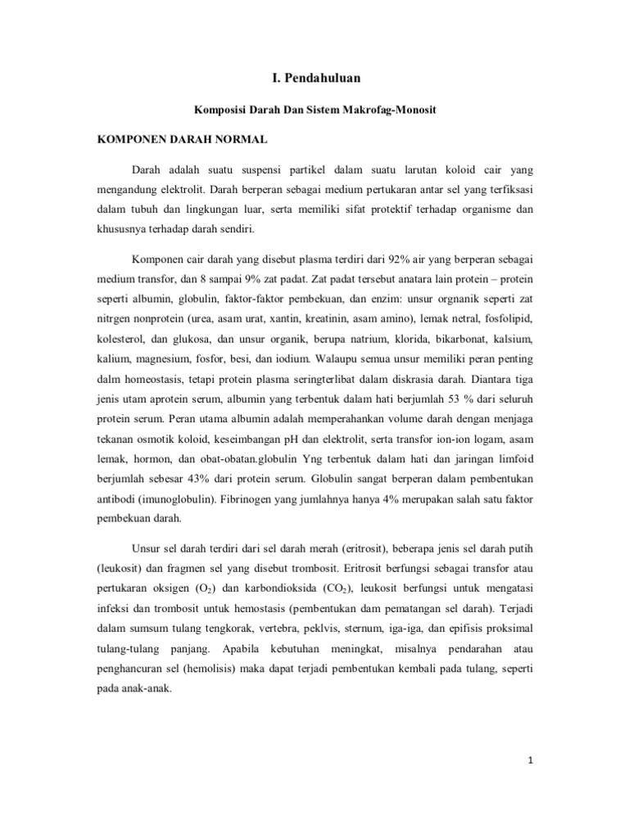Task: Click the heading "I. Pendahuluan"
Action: [x=316, y=78]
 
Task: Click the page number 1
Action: [x=531, y=760]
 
